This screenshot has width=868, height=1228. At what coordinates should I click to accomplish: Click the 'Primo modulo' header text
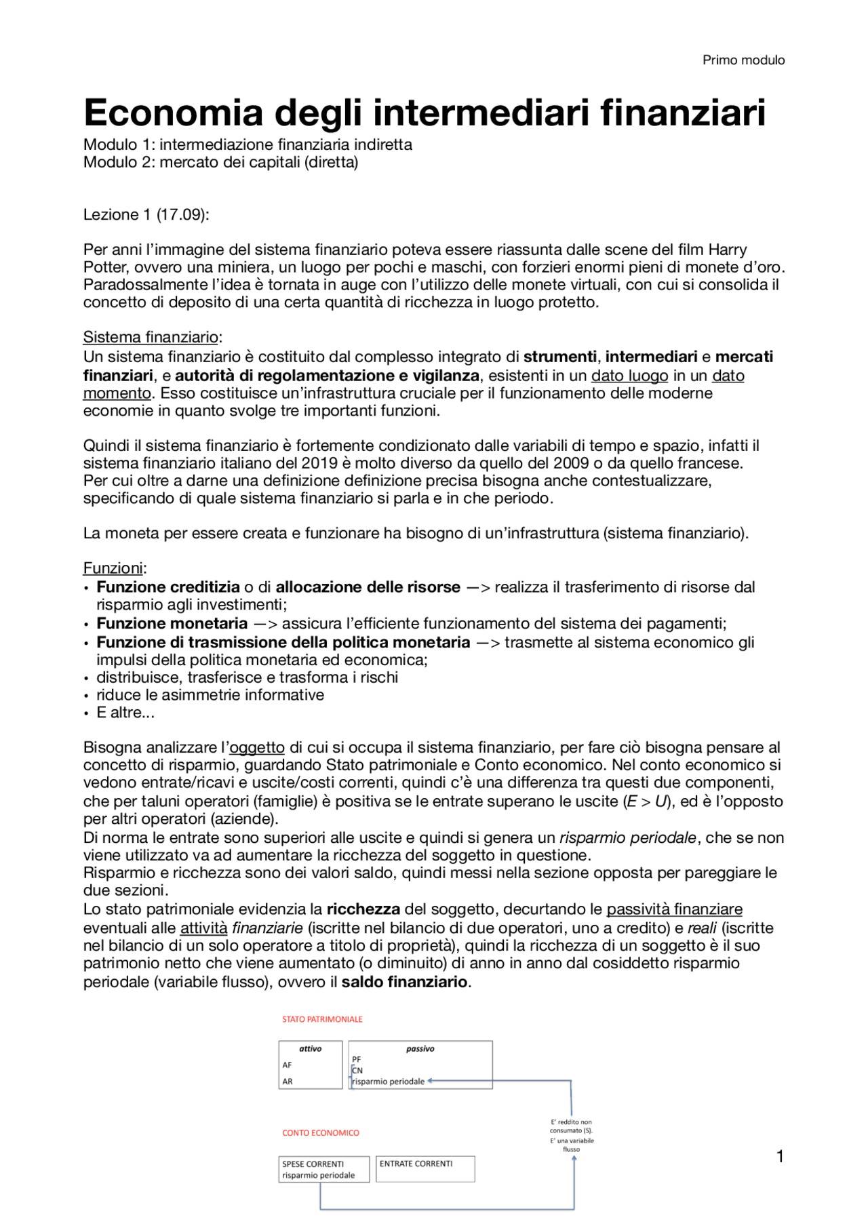(x=743, y=60)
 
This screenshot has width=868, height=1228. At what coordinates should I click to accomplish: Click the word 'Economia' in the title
(x=173, y=113)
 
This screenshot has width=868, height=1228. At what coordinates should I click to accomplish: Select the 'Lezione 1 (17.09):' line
(x=146, y=215)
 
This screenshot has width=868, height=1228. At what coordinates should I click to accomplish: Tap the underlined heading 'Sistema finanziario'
(x=151, y=337)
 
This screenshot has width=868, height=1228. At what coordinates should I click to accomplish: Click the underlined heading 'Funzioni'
(x=113, y=568)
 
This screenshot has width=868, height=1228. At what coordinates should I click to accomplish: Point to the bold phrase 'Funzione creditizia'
(x=168, y=587)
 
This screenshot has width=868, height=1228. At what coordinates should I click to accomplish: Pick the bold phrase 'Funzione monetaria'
(x=172, y=623)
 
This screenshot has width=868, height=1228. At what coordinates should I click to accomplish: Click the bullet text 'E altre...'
(x=125, y=713)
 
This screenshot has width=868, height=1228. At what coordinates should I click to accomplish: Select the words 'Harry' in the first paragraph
(x=727, y=250)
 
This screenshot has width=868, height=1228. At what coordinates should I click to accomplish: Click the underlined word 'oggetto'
(x=257, y=747)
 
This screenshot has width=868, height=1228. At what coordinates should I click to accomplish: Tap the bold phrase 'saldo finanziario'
(x=404, y=982)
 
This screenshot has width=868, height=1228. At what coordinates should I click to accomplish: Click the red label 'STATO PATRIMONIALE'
(x=322, y=1019)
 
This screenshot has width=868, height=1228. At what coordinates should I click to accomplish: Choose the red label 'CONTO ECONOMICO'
(x=321, y=1133)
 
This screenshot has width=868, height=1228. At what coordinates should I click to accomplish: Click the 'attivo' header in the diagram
(x=311, y=1049)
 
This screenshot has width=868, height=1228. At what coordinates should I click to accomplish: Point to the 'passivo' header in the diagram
(x=420, y=1049)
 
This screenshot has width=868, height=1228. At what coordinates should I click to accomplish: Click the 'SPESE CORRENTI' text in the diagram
(x=313, y=1164)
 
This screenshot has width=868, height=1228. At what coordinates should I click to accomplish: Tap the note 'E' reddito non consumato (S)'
(x=571, y=1126)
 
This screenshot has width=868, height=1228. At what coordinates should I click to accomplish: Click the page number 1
(x=780, y=1157)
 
